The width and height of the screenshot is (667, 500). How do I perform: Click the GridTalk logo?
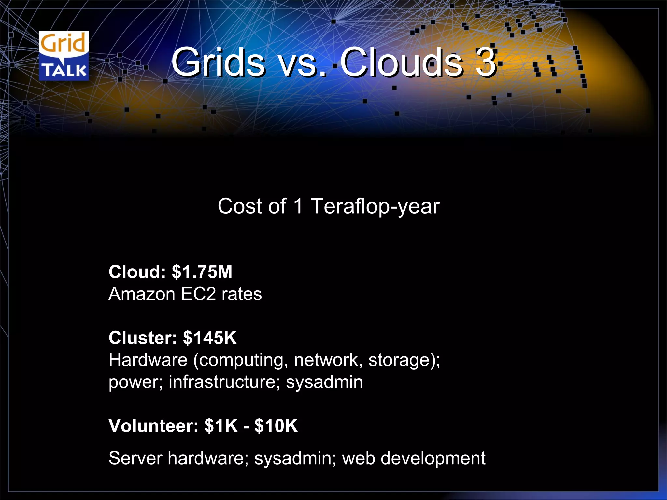click(x=64, y=56)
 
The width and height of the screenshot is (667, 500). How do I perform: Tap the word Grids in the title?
click(x=218, y=62)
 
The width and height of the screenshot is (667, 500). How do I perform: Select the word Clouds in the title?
click(x=401, y=62)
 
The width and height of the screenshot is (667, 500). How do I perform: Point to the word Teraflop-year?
click(x=375, y=207)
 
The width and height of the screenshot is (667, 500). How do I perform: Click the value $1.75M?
click(x=202, y=272)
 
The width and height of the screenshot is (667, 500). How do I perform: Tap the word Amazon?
click(x=142, y=294)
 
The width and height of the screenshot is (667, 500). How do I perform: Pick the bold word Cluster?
click(x=143, y=338)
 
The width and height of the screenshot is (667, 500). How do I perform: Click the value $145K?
click(x=210, y=338)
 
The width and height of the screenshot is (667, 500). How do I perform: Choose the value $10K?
click(x=276, y=425)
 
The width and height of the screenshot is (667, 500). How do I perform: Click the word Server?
click(x=135, y=458)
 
